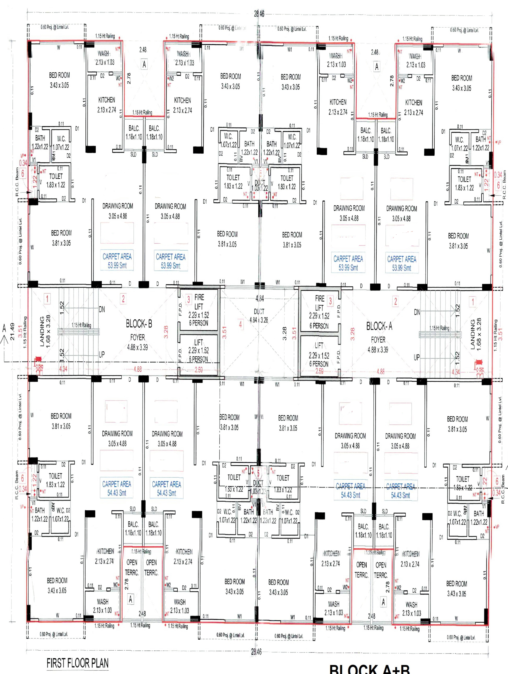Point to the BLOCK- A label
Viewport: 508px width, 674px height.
379,326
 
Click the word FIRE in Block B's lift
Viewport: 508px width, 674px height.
199,297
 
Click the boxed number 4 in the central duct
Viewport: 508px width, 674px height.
240,324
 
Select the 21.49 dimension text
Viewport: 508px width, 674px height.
12,332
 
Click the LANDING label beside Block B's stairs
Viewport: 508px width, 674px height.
42,332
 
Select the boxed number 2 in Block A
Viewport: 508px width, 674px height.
395,301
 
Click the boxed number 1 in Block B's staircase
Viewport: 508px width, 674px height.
47,299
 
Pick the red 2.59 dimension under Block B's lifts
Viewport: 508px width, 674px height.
198,370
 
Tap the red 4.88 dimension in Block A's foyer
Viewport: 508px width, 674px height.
381,371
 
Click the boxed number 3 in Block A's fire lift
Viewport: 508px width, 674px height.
330,301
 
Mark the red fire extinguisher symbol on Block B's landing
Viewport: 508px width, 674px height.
38,360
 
